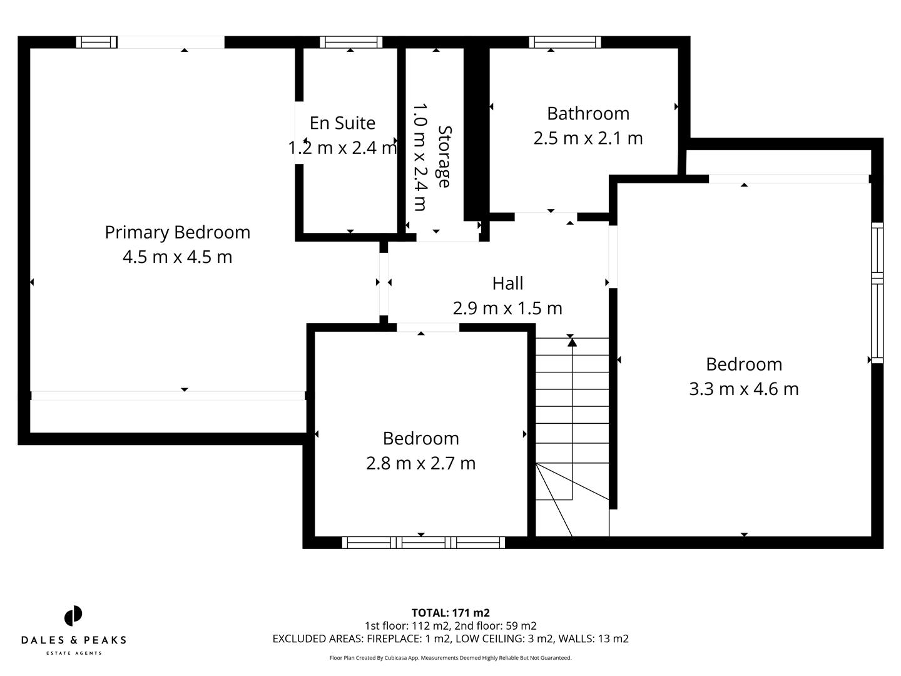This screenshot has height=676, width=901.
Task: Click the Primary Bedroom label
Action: coord(177,232)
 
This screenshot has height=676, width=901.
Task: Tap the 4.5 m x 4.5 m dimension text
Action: coord(177,257)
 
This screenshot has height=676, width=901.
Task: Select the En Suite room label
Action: coord(342,123)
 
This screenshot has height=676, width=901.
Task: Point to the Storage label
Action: coord(444,156)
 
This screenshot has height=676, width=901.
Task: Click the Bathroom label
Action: coord(588,113)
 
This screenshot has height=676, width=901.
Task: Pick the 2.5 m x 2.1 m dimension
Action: coord(588,138)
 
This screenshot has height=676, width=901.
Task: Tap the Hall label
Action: coord(507,284)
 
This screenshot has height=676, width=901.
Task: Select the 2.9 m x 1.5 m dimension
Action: coord(507,308)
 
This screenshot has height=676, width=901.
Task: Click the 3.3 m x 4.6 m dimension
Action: coord(743,389)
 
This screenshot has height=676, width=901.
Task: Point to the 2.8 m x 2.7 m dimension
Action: coord(420,463)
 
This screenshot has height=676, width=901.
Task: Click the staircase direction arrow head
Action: coord(572,342)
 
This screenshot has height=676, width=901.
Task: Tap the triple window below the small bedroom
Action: coord(424,542)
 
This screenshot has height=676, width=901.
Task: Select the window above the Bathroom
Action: coord(564,42)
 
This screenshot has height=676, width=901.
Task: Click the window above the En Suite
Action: coord(350,42)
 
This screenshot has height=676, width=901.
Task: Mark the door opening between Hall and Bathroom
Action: coord(546,217)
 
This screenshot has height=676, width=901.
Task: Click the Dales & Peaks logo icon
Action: coord(73,616)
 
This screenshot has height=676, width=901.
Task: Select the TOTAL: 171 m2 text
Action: coord(450,613)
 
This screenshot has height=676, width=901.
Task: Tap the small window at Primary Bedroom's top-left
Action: coord(96,42)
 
